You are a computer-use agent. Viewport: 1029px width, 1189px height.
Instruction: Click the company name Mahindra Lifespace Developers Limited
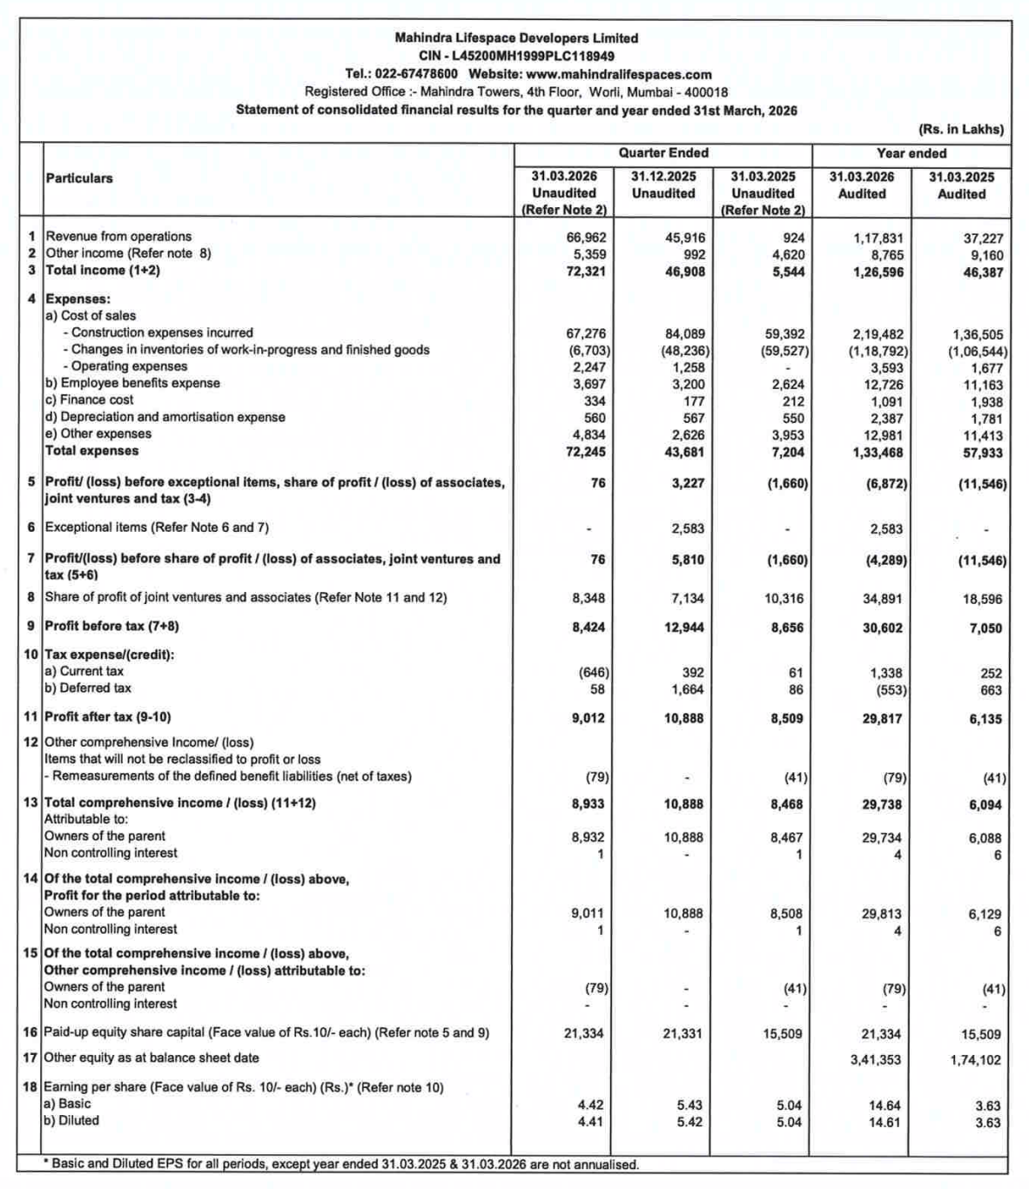tap(516, 38)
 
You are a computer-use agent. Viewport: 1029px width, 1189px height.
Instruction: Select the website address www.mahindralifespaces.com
tap(619, 74)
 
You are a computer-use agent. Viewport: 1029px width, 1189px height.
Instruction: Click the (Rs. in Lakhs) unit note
tap(961, 130)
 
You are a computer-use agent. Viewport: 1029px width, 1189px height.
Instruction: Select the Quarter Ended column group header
tap(663, 153)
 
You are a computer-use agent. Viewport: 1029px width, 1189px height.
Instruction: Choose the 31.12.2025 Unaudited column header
tap(663, 185)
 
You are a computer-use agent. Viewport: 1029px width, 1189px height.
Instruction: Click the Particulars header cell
tap(79, 178)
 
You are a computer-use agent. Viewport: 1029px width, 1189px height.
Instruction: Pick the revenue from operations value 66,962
tap(586, 238)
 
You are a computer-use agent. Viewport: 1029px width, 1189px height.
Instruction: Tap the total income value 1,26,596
tap(878, 272)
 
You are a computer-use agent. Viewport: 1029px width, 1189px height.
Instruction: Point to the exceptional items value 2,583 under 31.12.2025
tap(689, 529)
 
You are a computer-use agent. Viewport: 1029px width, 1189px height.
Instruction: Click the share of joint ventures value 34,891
tap(883, 599)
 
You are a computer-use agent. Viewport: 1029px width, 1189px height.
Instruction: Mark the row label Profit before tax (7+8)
tap(111, 626)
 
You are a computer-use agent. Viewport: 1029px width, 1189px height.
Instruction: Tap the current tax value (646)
tap(594, 673)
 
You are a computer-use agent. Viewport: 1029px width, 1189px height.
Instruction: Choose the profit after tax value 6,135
tap(985, 719)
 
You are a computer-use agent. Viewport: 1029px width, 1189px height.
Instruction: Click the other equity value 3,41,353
tap(877, 1060)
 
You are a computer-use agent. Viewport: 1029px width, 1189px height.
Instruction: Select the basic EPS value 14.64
tap(884, 1105)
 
